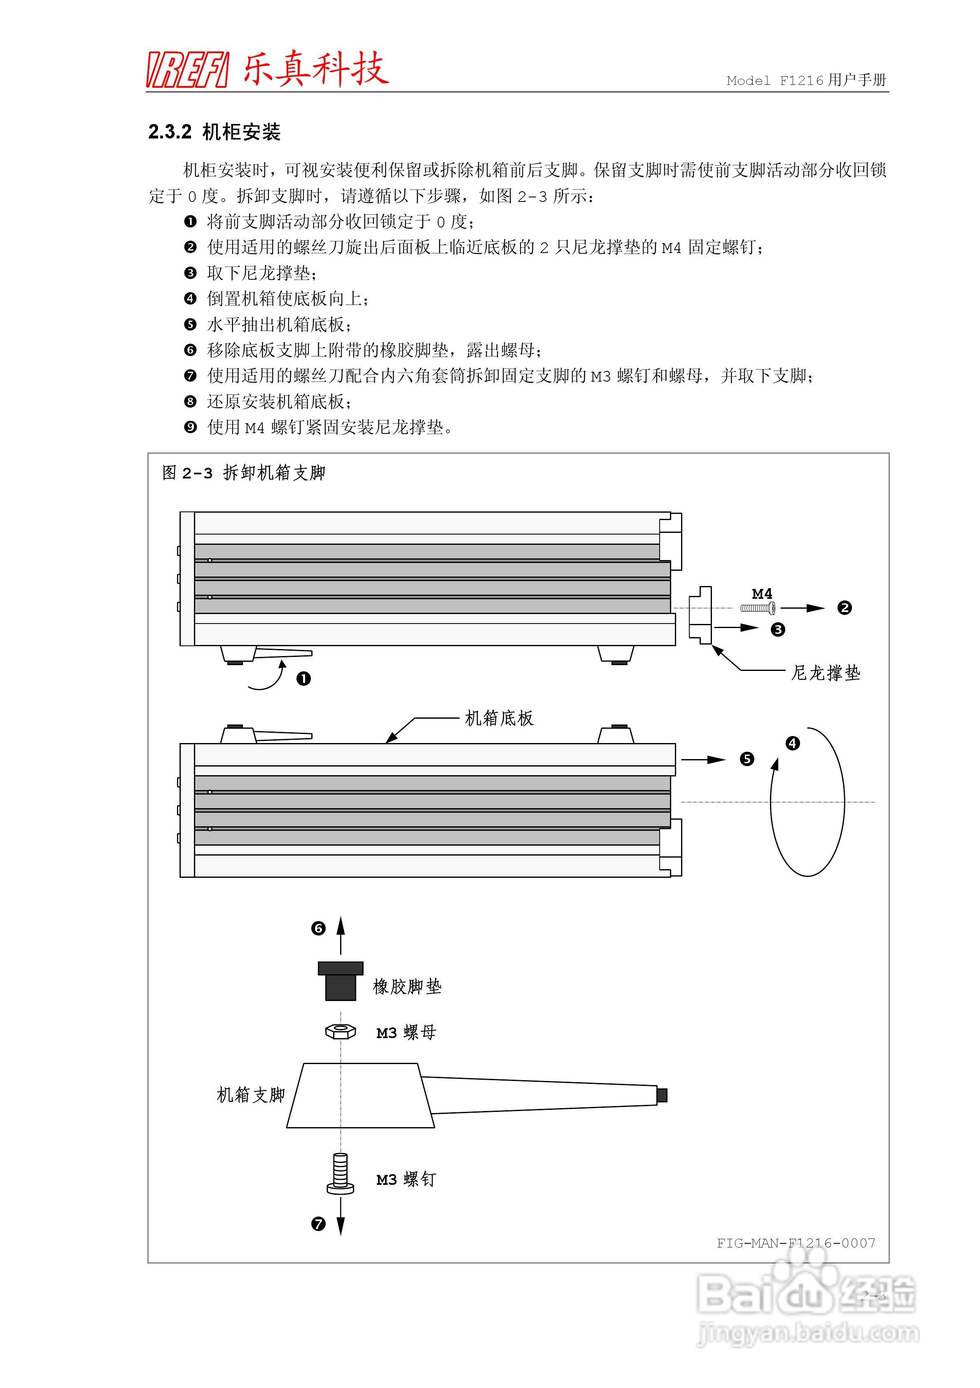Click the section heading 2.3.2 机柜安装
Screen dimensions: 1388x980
[215, 132]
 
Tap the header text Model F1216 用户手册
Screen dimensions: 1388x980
[806, 80]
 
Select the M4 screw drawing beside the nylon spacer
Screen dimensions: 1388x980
[758, 608]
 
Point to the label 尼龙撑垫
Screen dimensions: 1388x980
[825, 673]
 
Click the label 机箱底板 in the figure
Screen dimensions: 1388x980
[499, 718]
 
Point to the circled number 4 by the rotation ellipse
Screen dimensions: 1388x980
[793, 743]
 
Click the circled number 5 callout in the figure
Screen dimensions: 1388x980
[747, 759]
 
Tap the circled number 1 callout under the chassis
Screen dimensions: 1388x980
[303, 679]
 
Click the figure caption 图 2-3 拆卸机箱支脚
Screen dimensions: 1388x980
[243, 473]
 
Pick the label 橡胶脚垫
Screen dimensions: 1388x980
[407, 987]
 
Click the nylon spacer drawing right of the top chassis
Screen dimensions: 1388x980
[701, 615]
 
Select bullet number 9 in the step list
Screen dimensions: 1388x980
[190, 427]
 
